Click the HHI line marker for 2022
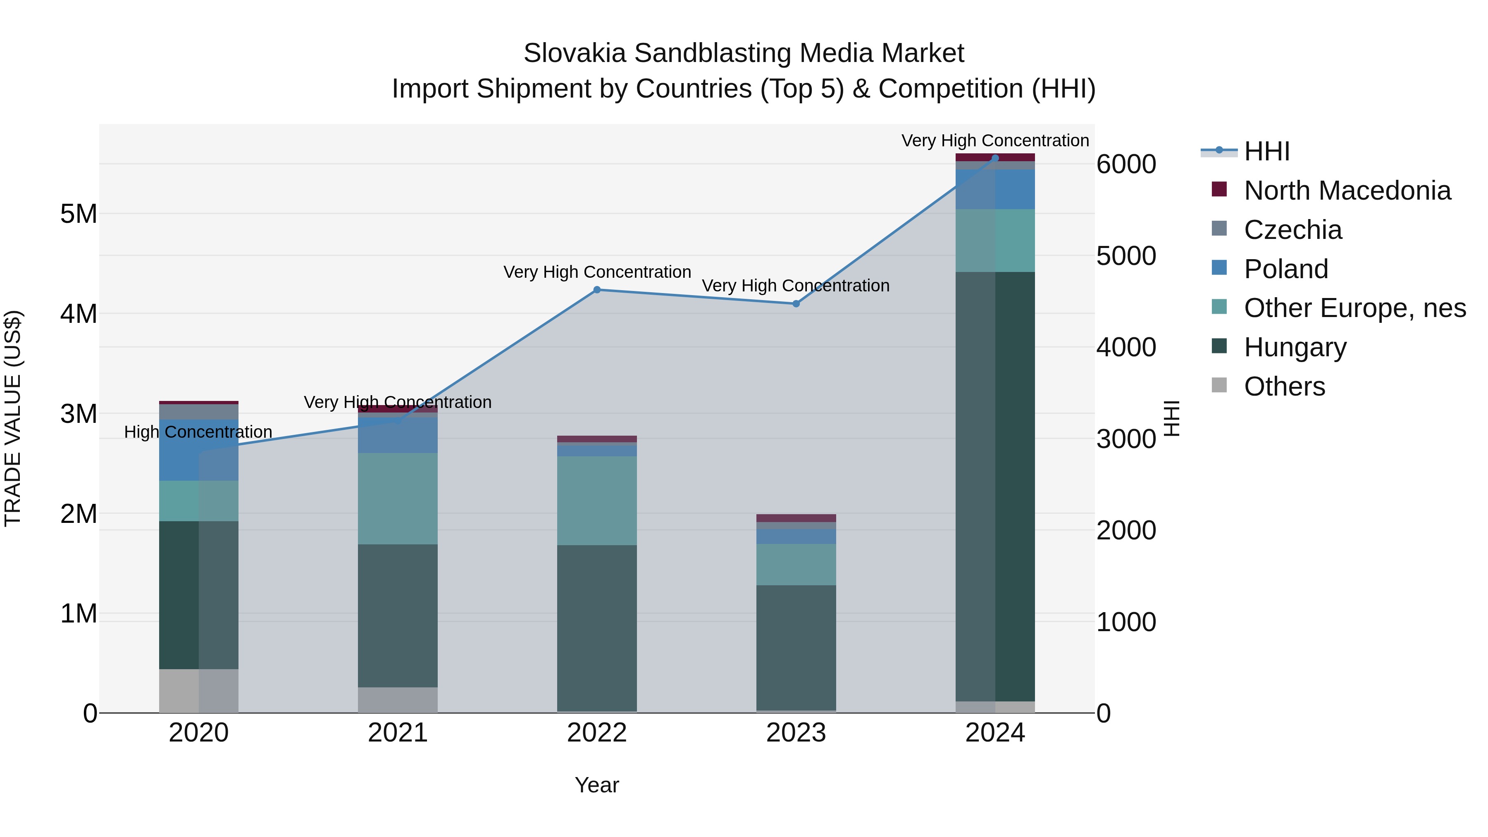click(x=597, y=290)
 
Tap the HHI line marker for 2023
click(x=796, y=304)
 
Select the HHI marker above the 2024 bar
click(x=995, y=158)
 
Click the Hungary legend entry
click(x=1295, y=348)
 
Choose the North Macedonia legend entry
click(x=1347, y=191)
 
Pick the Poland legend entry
click(x=1286, y=269)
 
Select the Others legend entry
click(x=1284, y=386)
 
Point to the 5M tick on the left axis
click(x=79, y=214)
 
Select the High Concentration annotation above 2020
click(x=198, y=432)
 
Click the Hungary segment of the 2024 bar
click(x=995, y=485)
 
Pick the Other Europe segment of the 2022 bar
click(x=597, y=500)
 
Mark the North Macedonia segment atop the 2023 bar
click(x=796, y=518)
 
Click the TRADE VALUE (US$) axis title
click(x=13, y=418)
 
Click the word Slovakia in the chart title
click(x=574, y=54)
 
